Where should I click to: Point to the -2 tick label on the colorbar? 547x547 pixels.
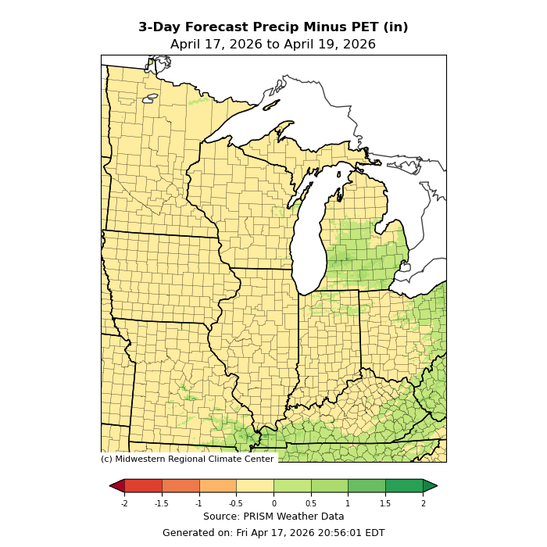pyautogui.click(x=124, y=503)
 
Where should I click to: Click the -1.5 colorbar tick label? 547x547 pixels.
pyautogui.click(x=162, y=503)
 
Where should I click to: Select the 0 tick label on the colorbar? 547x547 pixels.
pyautogui.click(x=273, y=503)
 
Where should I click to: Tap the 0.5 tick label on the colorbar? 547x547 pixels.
pyautogui.click(x=311, y=503)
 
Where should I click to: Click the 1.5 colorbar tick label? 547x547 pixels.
pyautogui.click(x=385, y=503)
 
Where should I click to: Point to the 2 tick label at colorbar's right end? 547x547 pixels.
pyautogui.click(x=423, y=503)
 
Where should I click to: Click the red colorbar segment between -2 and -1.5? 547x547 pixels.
pyautogui.click(x=143, y=486)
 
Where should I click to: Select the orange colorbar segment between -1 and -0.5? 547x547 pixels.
pyautogui.click(x=218, y=486)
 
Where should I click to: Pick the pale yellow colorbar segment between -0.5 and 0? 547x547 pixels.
pyautogui.click(x=255, y=486)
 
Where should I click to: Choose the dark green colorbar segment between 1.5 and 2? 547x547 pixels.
pyautogui.click(x=404, y=486)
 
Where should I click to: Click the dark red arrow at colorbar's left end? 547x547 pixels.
pyautogui.click(x=117, y=486)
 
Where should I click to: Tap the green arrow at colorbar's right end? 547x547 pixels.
pyautogui.click(x=430, y=486)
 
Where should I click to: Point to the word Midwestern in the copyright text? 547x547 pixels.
pyautogui.click(x=145, y=459)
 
